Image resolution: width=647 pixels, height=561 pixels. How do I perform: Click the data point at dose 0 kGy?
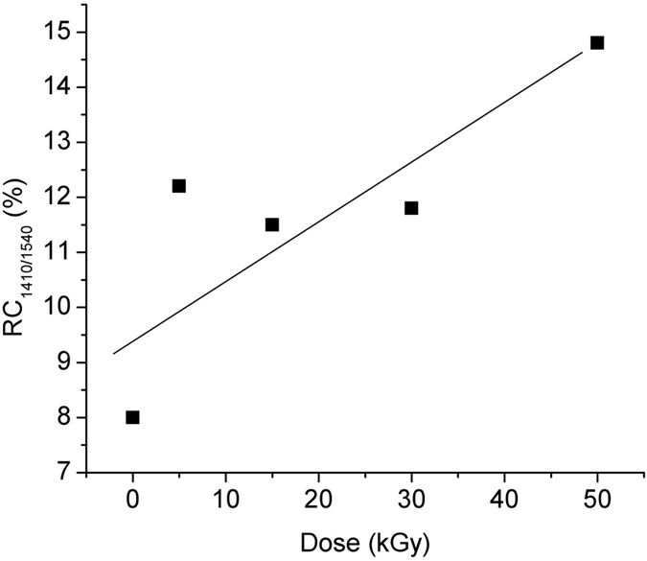pyautogui.click(x=132, y=417)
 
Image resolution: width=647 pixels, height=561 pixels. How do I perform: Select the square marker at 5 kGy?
pyautogui.click(x=178, y=186)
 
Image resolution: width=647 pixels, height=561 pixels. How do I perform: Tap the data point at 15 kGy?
pyautogui.click(x=271, y=224)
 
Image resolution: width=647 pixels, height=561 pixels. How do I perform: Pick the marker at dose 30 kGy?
pyautogui.click(x=411, y=208)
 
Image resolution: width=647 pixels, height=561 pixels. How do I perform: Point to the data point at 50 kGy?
pyautogui.click(x=597, y=42)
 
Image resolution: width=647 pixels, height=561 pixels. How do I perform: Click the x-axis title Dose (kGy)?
pyautogui.click(x=364, y=541)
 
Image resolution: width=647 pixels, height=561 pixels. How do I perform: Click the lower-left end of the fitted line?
pyautogui.click(x=113, y=354)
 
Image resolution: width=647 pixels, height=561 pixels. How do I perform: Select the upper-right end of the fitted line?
pyautogui.click(x=583, y=52)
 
